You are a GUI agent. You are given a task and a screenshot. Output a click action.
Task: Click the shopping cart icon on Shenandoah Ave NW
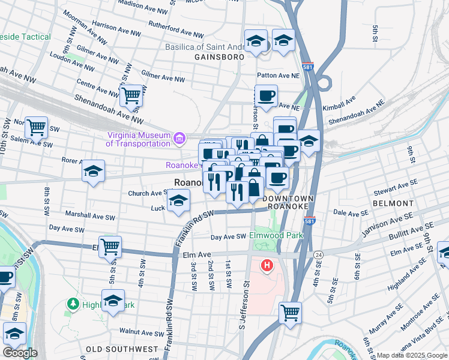(131, 94)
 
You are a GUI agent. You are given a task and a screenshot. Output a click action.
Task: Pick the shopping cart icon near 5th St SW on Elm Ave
(110, 246)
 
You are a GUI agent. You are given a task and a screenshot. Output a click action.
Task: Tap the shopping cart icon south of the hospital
(290, 312)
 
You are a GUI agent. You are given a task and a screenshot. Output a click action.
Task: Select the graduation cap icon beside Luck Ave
(178, 201)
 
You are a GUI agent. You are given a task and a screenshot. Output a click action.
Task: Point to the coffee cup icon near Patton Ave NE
(266, 95)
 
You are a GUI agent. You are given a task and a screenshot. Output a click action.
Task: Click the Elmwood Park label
(276, 235)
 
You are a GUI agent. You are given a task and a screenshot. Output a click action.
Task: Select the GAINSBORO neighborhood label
(219, 57)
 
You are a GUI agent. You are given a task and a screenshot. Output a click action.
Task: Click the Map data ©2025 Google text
(412, 355)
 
